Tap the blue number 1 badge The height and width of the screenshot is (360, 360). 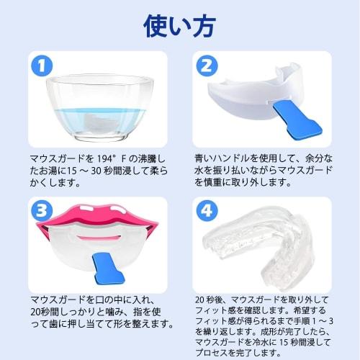click(x=42, y=66)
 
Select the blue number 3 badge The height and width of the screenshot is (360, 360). click(x=42, y=210)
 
